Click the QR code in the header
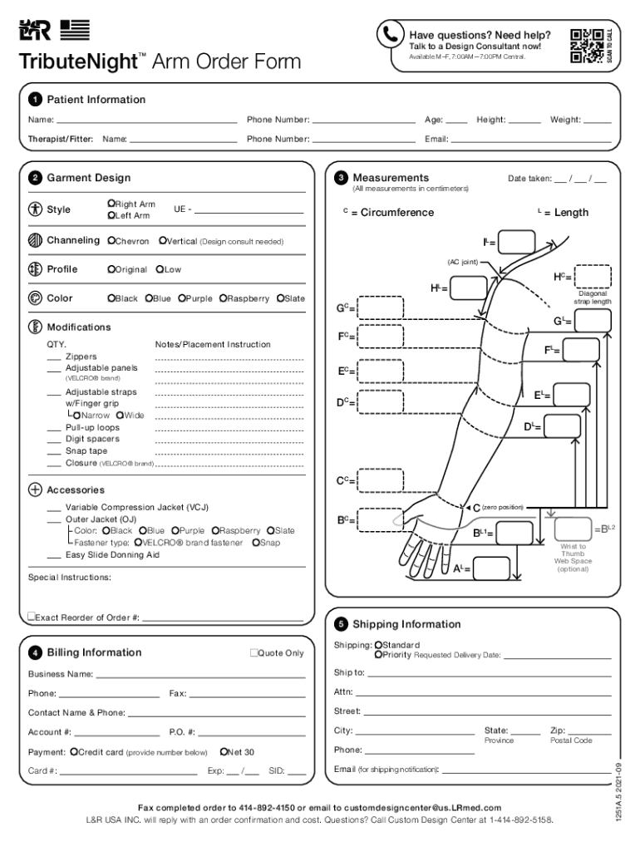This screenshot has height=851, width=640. click(x=586, y=46)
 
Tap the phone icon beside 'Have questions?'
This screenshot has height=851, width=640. click(x=390, y=34)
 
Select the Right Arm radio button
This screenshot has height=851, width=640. click(x=111, y=204)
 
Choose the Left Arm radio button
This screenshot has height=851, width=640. click(x=111, y=216)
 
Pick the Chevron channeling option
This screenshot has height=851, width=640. click(x=111, y=241)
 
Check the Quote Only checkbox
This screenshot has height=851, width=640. click(x=254, y=653)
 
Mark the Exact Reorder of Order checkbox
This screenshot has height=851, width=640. click(x=31, y=617)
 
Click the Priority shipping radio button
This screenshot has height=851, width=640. click(x=378, y=655)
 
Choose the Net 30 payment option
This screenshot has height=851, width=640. click(x=224, y=752)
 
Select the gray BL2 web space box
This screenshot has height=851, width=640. click(x=574, y=529)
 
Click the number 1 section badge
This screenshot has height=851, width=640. click(x=35, y=100)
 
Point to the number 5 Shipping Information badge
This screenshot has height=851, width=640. click(x=341, y=624)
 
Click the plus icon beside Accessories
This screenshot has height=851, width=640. click(x=35, y=489)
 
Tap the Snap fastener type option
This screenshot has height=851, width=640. click(x=254, y=543)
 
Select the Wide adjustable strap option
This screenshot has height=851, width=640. click(x=120, y=416)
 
